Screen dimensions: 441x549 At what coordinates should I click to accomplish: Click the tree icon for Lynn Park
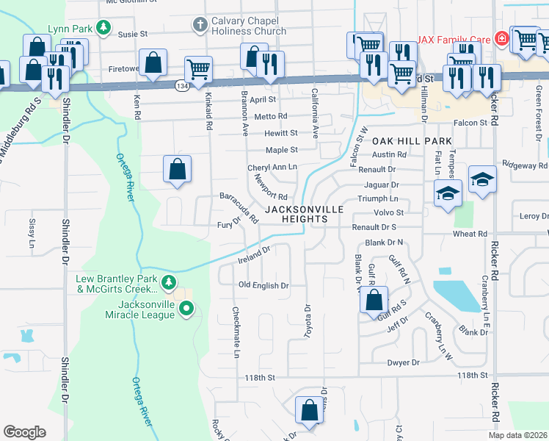tap(104, 28)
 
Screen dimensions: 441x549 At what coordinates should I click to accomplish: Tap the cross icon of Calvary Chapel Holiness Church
tap(199, 26)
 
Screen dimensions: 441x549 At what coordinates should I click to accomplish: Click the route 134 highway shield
tap(181, 86)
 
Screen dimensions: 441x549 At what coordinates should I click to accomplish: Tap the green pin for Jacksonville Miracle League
tap(186, 309)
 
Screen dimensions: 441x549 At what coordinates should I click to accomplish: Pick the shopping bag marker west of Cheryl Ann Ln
tap(178, 169)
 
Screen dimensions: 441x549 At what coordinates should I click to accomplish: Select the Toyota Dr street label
tap(308, 321)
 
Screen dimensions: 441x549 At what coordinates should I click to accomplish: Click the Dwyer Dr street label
tap(404, 363)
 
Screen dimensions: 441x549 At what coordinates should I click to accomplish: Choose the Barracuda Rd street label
tap(239, 208)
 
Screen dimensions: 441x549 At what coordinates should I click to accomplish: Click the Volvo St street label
tap(389, 213)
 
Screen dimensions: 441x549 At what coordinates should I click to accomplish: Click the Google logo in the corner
tap(24, 432)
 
